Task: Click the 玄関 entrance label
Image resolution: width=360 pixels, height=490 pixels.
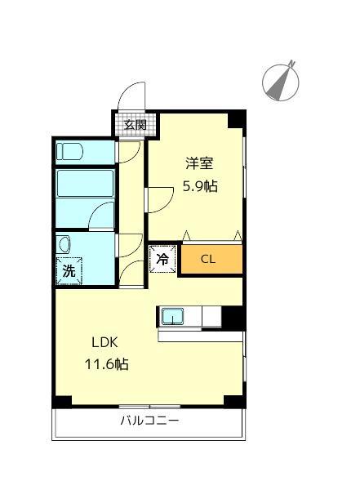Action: tap(136, 125)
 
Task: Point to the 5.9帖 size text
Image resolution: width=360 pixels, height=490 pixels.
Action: tap(199, 185)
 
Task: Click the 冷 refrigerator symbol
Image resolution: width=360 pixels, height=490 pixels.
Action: tap(162, 260)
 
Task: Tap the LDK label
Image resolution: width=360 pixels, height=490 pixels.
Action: tap(104, 343)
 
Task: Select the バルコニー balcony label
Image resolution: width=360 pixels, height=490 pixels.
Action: tap(149, 421)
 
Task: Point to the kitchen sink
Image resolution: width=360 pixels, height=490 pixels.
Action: tap(173, 316)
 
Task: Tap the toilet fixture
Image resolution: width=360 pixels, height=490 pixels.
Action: tap(69, 151)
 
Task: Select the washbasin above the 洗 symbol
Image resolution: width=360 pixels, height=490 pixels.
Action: tap(64, 246)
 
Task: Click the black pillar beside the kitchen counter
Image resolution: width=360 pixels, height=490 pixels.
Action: tap(233, 317)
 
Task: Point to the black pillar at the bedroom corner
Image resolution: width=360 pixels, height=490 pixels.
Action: tap(236, 118)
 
